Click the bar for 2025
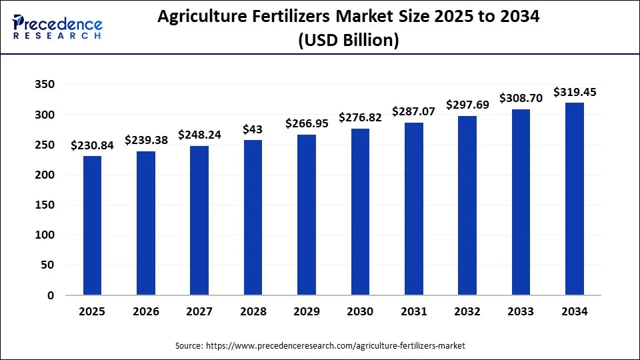92,225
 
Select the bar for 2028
253,217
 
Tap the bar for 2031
413,209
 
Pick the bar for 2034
574,199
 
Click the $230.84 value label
92,145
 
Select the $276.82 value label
360,117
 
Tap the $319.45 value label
575,92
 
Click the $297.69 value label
467,105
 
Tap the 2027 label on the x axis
199,311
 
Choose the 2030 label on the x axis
360,311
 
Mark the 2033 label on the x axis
521,311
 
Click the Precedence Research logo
57,27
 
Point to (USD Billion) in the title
349,41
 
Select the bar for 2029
306,215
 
